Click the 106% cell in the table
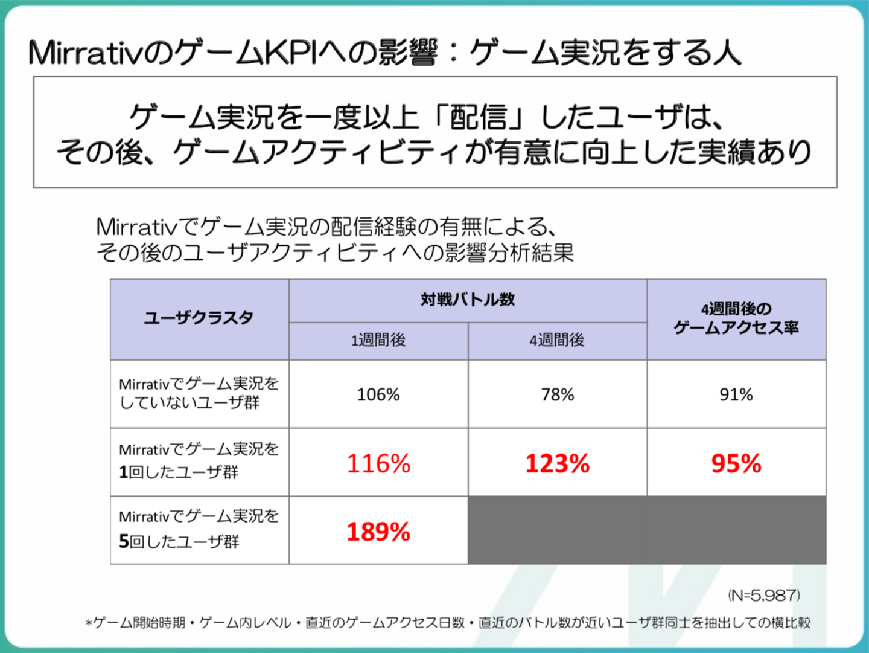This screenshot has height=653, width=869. click(378, 394)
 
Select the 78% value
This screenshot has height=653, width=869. click(558, 394)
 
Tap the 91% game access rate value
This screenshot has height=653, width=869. click(736, 394)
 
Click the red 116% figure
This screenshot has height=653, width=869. click(378, 463)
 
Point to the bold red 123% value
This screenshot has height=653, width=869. click(558, 463)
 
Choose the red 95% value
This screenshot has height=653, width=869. click(736, 463)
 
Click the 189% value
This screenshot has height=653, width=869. click(378, 532)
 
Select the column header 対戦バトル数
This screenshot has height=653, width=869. click(468, 300)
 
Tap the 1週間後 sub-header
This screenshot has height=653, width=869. click(378, 340)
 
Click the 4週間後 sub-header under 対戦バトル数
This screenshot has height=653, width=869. click(557, 340)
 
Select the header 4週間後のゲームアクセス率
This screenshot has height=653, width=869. click(736, 318)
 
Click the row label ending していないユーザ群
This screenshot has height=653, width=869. click(199, 393)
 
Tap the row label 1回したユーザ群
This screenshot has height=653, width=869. click(199, 461)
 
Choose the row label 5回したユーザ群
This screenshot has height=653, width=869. click(199, 529)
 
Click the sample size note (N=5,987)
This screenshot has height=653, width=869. click(764, 595)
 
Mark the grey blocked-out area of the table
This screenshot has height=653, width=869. click(647, 530)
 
